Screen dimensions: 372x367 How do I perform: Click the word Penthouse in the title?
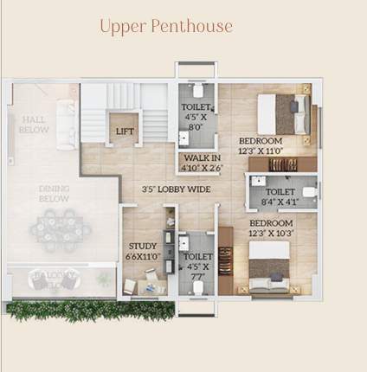pyautogui.click(x=190, y=26)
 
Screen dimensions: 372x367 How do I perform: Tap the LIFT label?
pyautogui.click(x=126, y=131)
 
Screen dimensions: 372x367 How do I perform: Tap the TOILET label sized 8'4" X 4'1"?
pyautogui.click(x=280, y=192)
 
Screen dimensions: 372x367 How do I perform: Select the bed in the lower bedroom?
pyautogui.click(x=271, y=266)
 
